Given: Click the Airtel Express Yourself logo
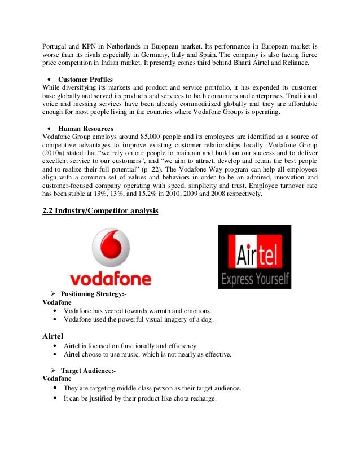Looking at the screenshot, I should click(x=254, y=257).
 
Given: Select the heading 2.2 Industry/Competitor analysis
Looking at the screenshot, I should click(x=100, y=211).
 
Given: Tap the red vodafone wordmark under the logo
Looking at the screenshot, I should click(x=110, y=279).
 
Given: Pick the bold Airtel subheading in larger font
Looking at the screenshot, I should click(x=54, y=336).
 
